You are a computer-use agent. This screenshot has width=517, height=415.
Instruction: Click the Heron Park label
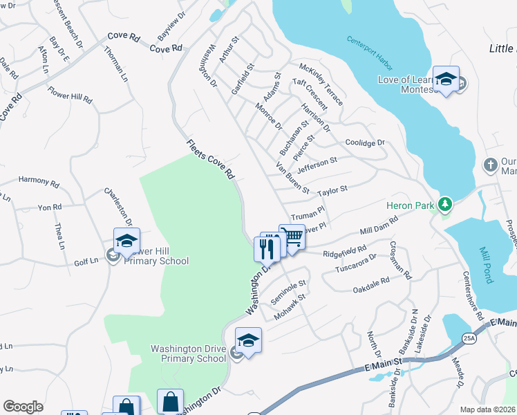[412, 205]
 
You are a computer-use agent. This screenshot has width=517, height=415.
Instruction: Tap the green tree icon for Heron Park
[446, 204]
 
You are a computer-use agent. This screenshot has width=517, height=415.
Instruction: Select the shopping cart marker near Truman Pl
[292, 237]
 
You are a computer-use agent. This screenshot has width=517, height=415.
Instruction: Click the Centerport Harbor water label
[370, 53]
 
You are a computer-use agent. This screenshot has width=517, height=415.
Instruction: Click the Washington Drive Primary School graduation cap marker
[248, 340]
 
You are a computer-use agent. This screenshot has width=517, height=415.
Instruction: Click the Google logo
[23, 406]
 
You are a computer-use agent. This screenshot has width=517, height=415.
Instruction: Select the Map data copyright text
[488, 409]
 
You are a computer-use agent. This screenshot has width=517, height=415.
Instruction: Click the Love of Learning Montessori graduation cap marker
[446, 79]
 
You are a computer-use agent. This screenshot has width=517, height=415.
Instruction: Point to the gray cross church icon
[490, 165]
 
